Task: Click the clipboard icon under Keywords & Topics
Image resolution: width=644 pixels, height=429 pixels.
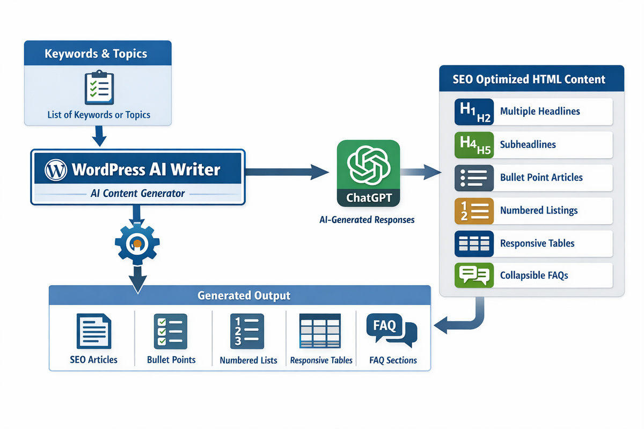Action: (98, 87)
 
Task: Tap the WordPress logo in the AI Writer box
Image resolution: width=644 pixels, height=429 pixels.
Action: (56, 170)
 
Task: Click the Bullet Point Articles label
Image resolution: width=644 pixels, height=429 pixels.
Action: (541, 177)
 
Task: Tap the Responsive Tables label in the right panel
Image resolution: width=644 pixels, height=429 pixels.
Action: (537, 243)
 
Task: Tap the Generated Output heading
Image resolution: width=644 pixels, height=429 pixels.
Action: (244, 295)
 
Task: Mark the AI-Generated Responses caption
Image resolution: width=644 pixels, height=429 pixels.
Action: (367, 220)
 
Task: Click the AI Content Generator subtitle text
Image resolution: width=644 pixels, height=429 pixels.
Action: (138, 194)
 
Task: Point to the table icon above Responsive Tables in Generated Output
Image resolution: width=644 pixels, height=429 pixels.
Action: (321, 332)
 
